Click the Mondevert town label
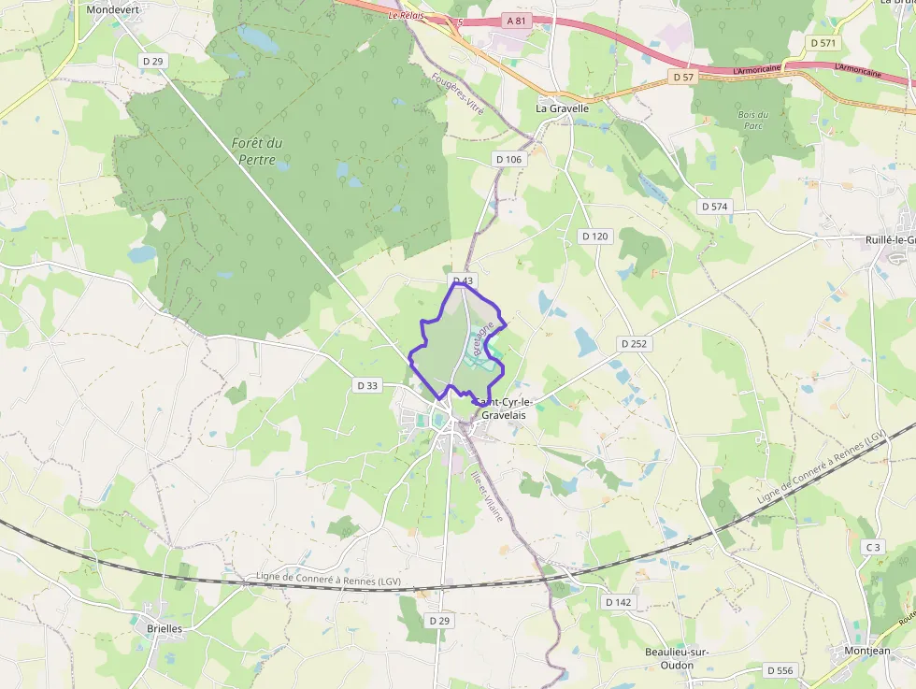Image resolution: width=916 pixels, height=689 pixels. coord(112,9)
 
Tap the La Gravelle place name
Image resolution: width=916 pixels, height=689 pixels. coord(562,108)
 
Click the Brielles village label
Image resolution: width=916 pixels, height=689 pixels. coord(165,629)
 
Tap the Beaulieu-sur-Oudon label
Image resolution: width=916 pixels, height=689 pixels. coord(670,658)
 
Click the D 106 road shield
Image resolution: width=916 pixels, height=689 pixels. coord(508,160)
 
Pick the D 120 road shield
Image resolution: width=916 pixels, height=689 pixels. coord(594,237)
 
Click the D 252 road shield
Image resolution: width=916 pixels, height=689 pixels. coord(634,344)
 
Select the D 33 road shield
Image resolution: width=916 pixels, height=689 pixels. coord(368,385)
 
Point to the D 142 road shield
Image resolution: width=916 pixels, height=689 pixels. coord(618,602)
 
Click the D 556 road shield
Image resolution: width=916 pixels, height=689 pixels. coord(780,670)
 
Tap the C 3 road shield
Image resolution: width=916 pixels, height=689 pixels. coord(872,547)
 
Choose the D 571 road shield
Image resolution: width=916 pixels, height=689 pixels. coord(823,43)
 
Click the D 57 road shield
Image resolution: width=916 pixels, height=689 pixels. coord(683,78)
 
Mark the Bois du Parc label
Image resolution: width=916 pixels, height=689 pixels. coord(752,120)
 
